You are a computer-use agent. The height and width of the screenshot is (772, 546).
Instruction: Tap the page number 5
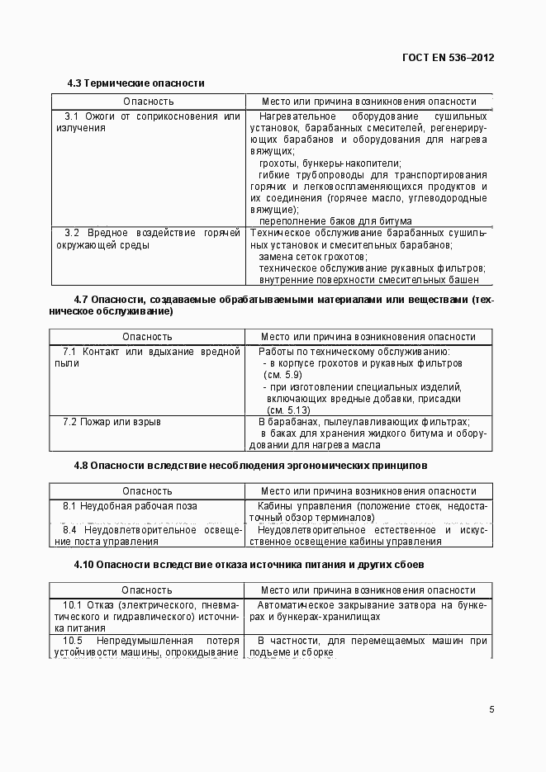491,709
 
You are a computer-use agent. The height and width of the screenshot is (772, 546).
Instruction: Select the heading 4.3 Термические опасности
135,83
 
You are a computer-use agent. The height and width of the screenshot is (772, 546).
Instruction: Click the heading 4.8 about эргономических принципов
250,466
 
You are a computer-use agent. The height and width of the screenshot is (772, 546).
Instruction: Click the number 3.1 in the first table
71,116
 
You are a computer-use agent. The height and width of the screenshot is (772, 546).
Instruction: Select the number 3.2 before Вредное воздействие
71,234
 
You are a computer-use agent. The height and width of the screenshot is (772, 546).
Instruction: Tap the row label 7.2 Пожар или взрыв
112,422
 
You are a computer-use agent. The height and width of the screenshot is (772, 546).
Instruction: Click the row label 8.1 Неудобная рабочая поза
130,506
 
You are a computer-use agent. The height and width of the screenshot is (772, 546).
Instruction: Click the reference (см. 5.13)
287,410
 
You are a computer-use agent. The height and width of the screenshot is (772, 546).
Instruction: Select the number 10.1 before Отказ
73,605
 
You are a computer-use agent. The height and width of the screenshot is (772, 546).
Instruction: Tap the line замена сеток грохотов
313,258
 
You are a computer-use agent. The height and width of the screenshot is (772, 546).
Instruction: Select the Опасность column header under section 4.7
147,337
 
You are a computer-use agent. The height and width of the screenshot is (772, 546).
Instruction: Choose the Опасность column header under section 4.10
147,590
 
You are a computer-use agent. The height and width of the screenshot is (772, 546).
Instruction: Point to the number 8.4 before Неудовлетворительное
71,530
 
